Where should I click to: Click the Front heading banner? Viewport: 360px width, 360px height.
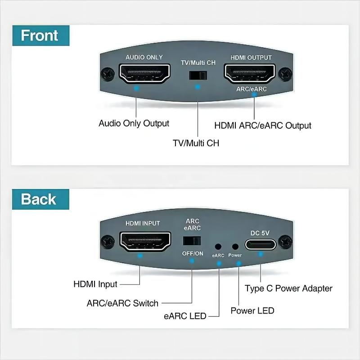pyautogui.click(x=41, y=36)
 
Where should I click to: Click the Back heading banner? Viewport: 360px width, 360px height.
pyautogui.click(x=40, y=199)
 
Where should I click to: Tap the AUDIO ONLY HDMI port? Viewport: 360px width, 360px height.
pyautogui.click(x=144, y=73)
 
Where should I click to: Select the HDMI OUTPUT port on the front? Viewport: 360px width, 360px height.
pyautogui.click(x=250, y=73)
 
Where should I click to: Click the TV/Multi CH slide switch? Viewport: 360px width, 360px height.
pyautogui.click(x=198, y=75)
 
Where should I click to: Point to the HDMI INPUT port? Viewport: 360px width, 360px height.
pyautogui.click(x=145, y=241)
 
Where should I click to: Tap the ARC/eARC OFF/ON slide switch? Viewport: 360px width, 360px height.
pyautogui.click(x=192, y=241)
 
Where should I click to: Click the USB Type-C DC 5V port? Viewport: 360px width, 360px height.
pyautogui.click(x=261, y=244)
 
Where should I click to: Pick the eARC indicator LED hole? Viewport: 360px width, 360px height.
pyautogui.click(x=218, y=247)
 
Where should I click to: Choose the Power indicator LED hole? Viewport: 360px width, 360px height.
pyautogui.click(x=235, y=247)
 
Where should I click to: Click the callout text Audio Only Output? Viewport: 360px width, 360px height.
pyautogui.click(x=134, y=123)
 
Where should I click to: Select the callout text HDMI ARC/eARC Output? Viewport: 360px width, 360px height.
pyautogui.click(x=263, y=126)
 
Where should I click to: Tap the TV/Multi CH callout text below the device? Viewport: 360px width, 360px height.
pyautogui.click(x=196, y=143)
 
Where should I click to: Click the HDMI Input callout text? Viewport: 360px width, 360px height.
pyautogui.click(x=95, y=284)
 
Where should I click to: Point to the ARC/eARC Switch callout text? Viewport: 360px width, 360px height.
pyautogui.click(x=122, y=303)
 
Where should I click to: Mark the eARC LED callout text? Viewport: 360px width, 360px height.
pyautogui.click(x=185, y=316)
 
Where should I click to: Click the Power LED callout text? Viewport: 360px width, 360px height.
pyautogui.click(x=252, y=310)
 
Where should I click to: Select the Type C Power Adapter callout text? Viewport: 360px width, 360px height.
pyautogui.click(x=288, y=288)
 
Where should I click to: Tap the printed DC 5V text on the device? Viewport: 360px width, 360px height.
pyautogui.click(x=260, y=233)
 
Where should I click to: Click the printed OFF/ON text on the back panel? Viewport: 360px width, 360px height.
pyautogui.click(x=193, y=253)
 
